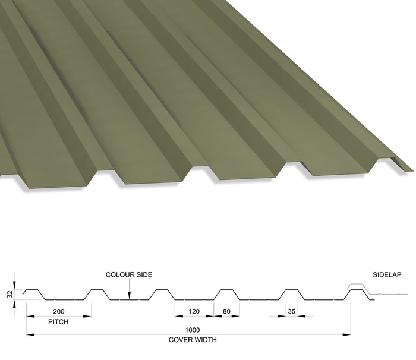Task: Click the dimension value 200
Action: point(59,311)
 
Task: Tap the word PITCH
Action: point(58,322)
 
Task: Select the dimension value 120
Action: point(194,311)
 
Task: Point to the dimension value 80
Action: point(226,311)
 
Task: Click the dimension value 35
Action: point(292,311)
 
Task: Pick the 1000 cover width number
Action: point(193,330)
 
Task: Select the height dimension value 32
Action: point(10,295)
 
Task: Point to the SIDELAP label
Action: point(387,275)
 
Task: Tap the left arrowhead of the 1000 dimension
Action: point(30,335)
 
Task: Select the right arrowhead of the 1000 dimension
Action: point(346,335)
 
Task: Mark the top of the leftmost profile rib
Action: point(32,289)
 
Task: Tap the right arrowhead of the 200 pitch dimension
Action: point(87,316)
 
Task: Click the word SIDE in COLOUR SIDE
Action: point(144,274)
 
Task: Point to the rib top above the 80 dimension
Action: point(226,289)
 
